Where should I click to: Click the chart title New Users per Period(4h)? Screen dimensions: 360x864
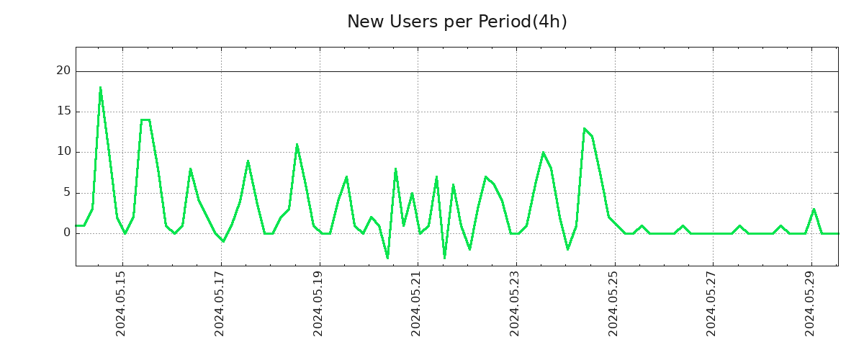[x=456, y=22]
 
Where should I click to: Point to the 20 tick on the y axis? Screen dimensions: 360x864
[x=63, y=71]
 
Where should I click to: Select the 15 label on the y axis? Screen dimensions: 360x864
[x=63, y=112]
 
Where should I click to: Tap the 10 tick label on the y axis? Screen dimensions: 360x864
[x=63, y=152]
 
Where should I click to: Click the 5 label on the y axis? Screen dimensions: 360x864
[x=66, y=192]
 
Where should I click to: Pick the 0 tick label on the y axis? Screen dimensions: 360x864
[x=66, y=233]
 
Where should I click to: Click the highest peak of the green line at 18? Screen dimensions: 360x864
[x=100, y=88]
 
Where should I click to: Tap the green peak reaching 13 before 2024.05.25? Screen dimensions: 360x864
[x=584, y=128]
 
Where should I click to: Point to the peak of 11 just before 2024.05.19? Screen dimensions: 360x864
[x=297, y=144]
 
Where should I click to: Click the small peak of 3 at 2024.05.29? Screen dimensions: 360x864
[x=814, y=209]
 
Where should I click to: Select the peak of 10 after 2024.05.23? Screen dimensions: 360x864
[x=543, y=153]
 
